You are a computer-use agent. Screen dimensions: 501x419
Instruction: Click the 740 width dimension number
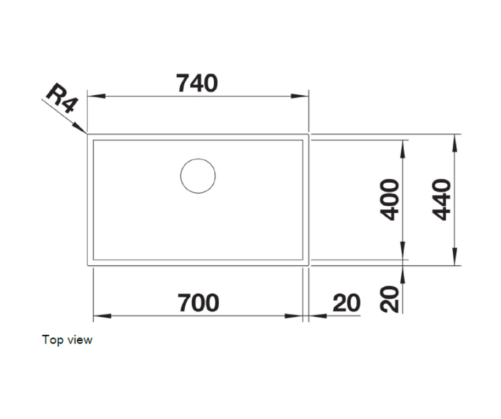click(197, 83)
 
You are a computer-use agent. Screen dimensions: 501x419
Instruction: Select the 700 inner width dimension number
click(198, 303)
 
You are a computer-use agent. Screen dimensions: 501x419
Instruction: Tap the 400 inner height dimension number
click(390, 200)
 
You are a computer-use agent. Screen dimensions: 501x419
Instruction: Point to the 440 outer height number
click(441, 200)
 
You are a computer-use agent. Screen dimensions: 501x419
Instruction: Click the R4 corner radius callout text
click(62, 98)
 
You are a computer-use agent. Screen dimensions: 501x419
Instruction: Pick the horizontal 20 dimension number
click(346, 303)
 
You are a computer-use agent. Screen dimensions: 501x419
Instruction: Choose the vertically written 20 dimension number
click(390, 299)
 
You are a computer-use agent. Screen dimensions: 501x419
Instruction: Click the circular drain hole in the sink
click(198, 176)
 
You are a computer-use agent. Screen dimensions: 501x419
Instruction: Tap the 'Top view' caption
click(67, 340)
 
